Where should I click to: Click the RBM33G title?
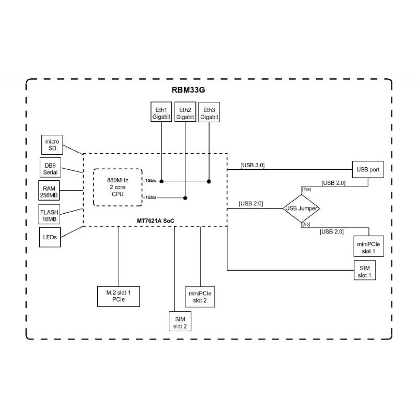188,90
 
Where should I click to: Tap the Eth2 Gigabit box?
185,113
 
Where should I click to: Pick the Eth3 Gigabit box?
208,113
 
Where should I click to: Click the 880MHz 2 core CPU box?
118,188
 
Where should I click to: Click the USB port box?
368,170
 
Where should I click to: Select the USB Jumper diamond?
301,208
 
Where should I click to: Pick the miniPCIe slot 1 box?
368,247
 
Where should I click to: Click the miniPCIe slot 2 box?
200,296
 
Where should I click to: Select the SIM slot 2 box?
180,322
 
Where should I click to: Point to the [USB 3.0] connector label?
252,165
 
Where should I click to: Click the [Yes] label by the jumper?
307,189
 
